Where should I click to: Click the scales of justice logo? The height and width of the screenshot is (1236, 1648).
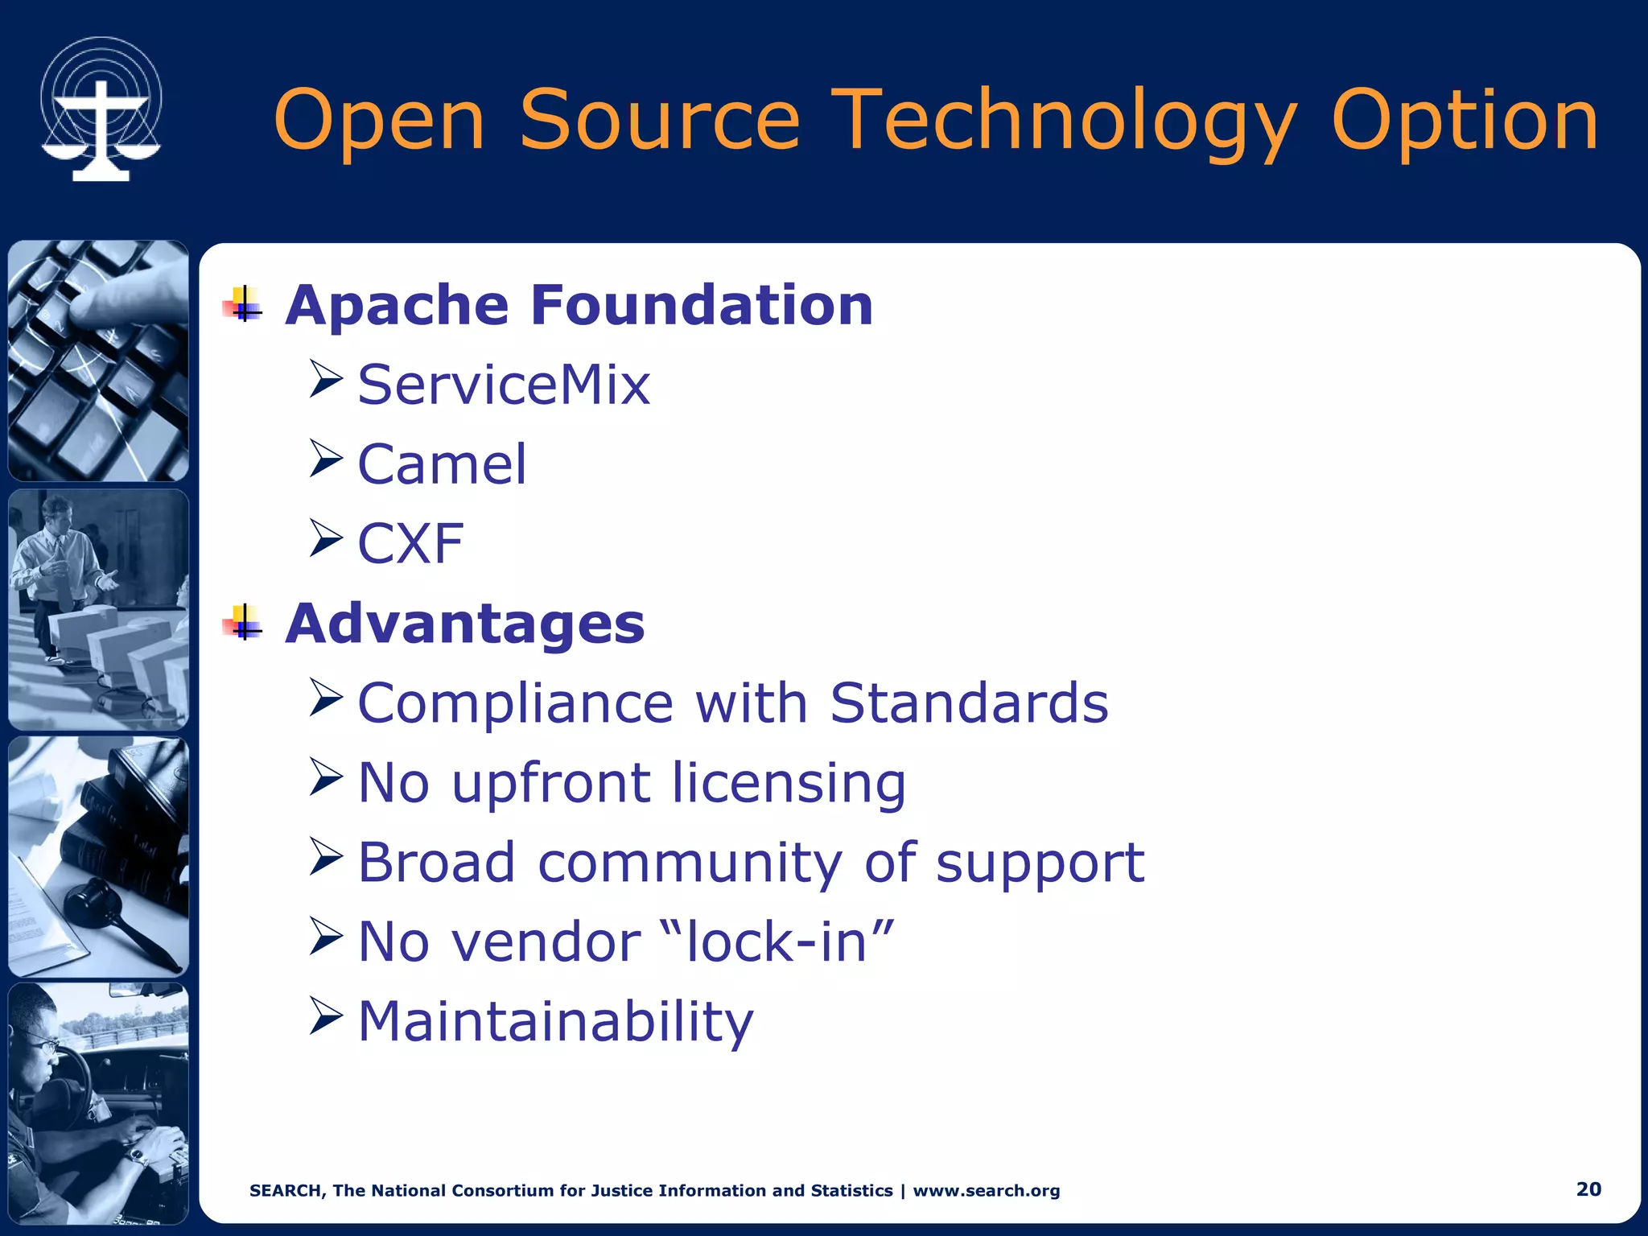click(x=101, y=109)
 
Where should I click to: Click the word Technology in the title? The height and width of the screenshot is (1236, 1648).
click(x=1064, y=121)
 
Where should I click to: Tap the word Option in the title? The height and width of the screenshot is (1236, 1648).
click(x=1465, y=121)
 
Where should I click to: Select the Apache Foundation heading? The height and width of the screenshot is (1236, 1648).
click(x=579, y=306)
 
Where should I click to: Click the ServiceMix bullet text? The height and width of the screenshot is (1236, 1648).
click(x=504, y=385)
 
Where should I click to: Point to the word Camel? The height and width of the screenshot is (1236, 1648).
click(x=442, y=464)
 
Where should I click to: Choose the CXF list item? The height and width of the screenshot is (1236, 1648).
click(x=410, y=544)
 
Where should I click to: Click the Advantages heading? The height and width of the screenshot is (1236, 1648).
click(x=465, y=624)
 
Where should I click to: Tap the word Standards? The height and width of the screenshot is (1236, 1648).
click(x=969, y=702)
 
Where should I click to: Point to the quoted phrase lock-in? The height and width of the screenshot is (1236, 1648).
click(x=777, y=941)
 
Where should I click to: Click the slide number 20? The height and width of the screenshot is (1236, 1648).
click(x=1588, y=1189)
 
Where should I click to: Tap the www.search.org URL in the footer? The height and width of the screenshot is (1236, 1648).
click(x=987, y=1191)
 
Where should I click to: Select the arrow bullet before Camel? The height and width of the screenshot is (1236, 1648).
click(x=326, y=459)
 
